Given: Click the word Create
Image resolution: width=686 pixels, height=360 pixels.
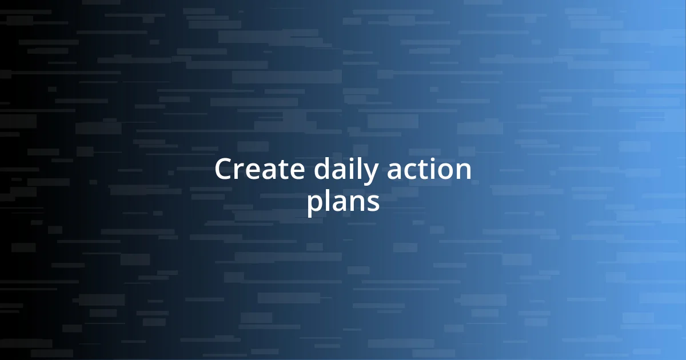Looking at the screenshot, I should click(260, 170).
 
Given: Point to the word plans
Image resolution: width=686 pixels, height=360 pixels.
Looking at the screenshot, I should click(343, 202).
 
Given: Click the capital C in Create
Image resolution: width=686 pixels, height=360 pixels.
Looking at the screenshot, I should click(224, 170).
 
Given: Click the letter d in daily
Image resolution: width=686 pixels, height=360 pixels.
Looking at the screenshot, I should click(322, 170).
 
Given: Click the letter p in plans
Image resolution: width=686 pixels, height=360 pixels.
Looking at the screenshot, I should click(314, 205).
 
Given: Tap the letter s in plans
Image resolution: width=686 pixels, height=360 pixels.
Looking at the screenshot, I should click(373, 203).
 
